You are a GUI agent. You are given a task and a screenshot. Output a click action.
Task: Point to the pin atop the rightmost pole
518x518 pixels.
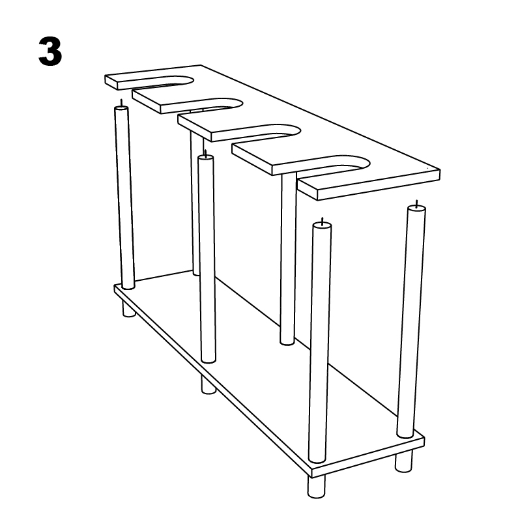416,203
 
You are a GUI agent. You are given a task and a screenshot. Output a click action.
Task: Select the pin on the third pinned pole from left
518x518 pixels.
322,221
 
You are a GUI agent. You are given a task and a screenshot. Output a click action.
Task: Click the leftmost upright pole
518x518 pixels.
125,195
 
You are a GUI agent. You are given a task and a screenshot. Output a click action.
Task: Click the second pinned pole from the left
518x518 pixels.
207,261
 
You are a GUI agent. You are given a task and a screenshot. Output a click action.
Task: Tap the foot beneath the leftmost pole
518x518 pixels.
129,309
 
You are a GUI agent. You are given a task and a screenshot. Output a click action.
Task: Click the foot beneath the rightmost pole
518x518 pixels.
404,461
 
